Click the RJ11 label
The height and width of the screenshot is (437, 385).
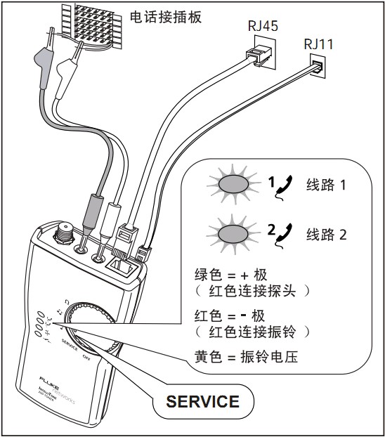pyautogui.click(x=318, y=44)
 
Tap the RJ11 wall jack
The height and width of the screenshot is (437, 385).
pyautogui.click(x=318, y=68)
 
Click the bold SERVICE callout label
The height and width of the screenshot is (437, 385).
pyautogui.click(x=202, y=402)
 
